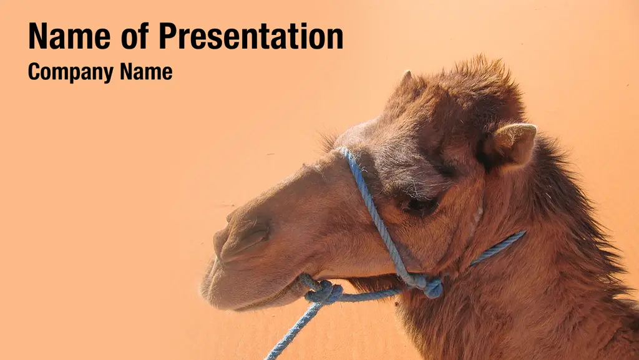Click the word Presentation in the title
(251, 36)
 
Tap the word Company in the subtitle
(71, 72)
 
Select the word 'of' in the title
(135, 36)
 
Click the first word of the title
(69, 36)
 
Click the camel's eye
(420, 206)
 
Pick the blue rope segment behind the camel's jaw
(497, 248)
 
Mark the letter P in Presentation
(167, 36)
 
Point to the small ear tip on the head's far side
(406, 76)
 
